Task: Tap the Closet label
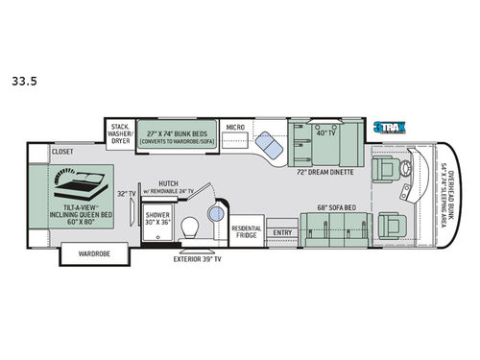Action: pos(63,151)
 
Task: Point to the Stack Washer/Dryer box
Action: pos(120,132)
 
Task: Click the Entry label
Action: pos(282,232)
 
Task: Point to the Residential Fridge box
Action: pos(246,232)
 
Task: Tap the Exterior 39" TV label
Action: pos(197,260)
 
